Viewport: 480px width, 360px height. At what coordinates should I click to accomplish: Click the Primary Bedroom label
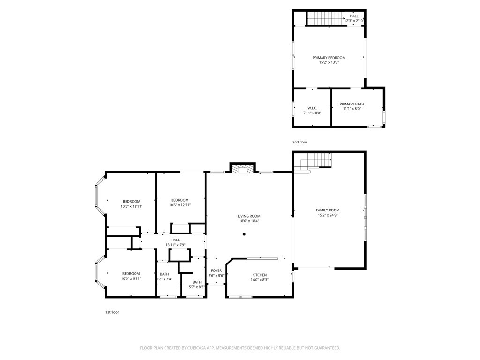point(329,58)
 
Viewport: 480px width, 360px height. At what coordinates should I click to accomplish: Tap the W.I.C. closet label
point(312,108)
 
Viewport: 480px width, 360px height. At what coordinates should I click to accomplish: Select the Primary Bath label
point(352,104)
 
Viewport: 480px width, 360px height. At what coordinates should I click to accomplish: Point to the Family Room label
point(328,210)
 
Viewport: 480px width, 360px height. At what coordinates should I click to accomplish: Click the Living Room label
point(249,216)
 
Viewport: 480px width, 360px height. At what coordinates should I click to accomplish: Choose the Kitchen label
point(260,275)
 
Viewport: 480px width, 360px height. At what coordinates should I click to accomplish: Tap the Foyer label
point(217,270)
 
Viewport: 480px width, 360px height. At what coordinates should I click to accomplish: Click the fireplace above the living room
point(243,169)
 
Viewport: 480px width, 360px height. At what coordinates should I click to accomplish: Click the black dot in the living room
point(244,234)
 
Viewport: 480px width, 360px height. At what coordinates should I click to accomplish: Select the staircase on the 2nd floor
point(326,18)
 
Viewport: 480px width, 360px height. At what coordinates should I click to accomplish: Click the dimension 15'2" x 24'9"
point(328,215)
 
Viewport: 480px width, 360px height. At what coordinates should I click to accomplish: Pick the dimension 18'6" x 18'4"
point(249,221)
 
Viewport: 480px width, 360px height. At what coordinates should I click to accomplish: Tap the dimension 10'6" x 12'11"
point(180,205)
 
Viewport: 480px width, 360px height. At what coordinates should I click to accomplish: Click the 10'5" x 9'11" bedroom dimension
point(131,278)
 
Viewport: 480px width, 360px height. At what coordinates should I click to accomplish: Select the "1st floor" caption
point(112,312)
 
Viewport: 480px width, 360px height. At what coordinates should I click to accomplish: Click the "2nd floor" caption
point(300,142)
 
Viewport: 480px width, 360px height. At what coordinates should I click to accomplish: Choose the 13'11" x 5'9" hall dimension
point(175,245)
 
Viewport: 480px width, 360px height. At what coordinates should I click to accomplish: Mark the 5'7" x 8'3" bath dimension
point(196,287)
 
